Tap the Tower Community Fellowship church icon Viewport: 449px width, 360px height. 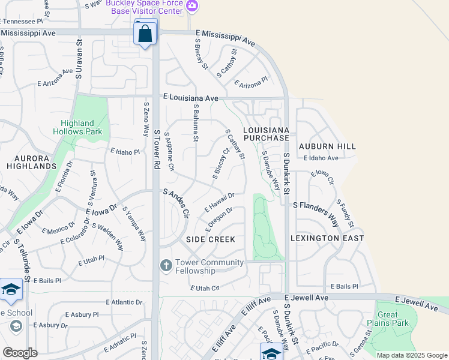166,265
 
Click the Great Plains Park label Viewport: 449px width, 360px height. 393,319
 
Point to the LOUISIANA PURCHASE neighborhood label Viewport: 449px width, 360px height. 266,134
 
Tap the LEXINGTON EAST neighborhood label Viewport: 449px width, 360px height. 327,238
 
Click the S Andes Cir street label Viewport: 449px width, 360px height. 176,203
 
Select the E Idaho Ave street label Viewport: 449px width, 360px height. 321,158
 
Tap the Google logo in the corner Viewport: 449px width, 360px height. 20,352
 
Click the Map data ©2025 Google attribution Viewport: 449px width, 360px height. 412,355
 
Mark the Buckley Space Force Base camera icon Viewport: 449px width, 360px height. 192,6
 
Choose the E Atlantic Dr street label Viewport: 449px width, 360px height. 125,302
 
